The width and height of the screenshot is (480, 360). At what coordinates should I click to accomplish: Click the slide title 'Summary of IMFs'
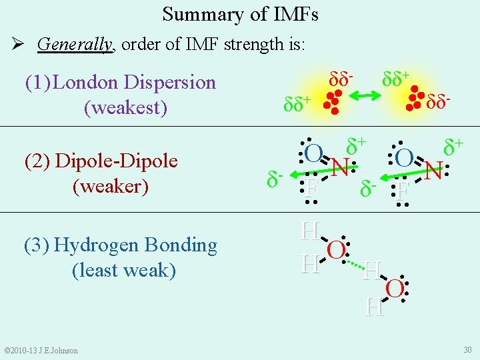pos(240,14)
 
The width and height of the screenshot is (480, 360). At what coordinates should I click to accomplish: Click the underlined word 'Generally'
pos(75,45)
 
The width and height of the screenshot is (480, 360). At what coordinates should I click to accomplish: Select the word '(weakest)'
pos(125,107)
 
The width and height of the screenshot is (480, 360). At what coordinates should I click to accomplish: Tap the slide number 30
pos(467,350)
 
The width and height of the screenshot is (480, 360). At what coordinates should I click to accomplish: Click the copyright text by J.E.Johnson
pos(41,351)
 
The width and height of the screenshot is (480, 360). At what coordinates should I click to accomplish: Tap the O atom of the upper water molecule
pos(336,249)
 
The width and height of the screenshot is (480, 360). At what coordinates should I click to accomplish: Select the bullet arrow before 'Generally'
pos(19,45)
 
